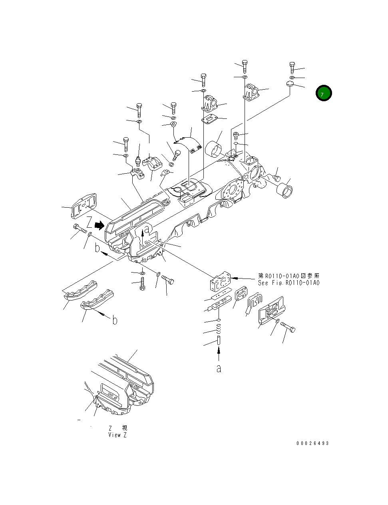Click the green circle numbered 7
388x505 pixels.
[x=323, y=93]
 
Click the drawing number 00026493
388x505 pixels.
[x=312, y=443]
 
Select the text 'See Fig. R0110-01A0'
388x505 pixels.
[x=289, y=283]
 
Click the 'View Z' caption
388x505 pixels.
[x=117, y=435]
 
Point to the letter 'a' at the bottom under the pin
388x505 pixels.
[x=219, y=368]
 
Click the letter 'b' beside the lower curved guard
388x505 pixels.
[x=115, y=321]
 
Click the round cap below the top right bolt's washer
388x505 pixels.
[x=290, y=84]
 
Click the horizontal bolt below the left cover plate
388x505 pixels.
[x=81, y=230]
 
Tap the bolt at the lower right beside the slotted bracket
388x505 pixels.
[x=288, y=327]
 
